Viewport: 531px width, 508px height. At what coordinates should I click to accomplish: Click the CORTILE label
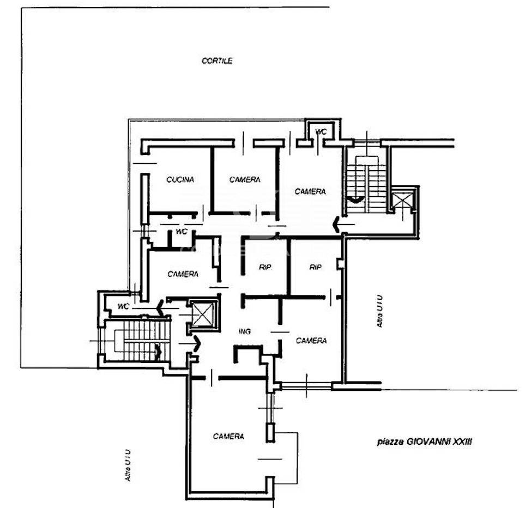point(217,61)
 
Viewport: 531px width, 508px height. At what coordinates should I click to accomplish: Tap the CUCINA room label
point(180,179)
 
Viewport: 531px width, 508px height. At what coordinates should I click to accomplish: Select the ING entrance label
point(244,331)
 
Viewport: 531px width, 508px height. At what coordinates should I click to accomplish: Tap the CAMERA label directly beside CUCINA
point(245,179)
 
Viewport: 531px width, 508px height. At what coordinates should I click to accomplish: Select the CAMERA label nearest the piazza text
point(311,340)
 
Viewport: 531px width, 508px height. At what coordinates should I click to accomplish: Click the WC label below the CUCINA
point(182,232)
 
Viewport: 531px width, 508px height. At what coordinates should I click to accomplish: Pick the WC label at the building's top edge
point(321,131)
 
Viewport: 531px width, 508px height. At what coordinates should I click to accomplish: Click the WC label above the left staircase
point(123,306)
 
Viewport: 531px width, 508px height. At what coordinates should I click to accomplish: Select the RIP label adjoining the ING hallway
point(265,267)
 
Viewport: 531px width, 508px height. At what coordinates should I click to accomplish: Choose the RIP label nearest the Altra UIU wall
point(315,267)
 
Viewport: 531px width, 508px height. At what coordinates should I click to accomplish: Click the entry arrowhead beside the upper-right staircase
point(336,225)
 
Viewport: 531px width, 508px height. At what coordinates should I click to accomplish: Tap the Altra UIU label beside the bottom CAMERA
point(128,465)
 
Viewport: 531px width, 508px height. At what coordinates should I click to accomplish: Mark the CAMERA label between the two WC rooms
point(183,274)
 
